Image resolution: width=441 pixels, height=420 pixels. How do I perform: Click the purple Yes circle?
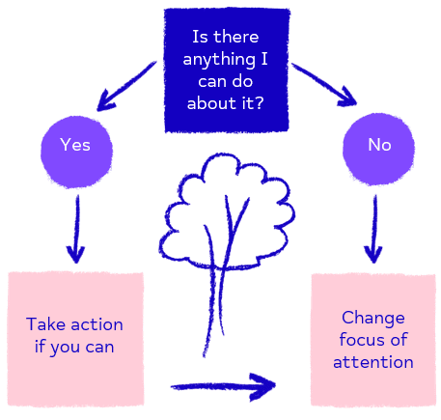[x=76, y=152]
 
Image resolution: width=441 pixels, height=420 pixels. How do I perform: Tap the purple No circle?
[x=378, y=149]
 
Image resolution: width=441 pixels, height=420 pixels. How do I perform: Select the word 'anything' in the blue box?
[x=219, y=60]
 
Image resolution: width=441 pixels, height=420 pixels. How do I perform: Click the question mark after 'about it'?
[x=259, y=103]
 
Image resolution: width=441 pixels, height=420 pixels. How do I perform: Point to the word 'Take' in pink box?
[x=46, y=323]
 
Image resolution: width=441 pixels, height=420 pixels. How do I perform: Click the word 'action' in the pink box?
[x=97, y=324]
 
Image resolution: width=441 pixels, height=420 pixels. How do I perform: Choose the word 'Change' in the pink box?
[x=373, y=319]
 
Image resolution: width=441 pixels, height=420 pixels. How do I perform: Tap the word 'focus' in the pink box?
[x=362, y=340]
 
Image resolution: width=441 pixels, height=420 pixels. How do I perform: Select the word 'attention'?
[x=373, y=362]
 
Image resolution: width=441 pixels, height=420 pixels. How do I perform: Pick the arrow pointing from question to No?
[x=323, y=84]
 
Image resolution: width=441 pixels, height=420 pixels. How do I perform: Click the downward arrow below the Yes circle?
[x=76, y=229]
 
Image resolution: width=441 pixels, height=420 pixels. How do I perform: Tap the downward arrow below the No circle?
[x=373, y=229]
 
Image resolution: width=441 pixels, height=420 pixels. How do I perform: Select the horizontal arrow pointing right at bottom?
[x=223, y=387]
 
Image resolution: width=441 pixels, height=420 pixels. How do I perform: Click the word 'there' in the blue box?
[x=236, y=37]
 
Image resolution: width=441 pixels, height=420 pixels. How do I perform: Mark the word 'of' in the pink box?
[x=399, y=340]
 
